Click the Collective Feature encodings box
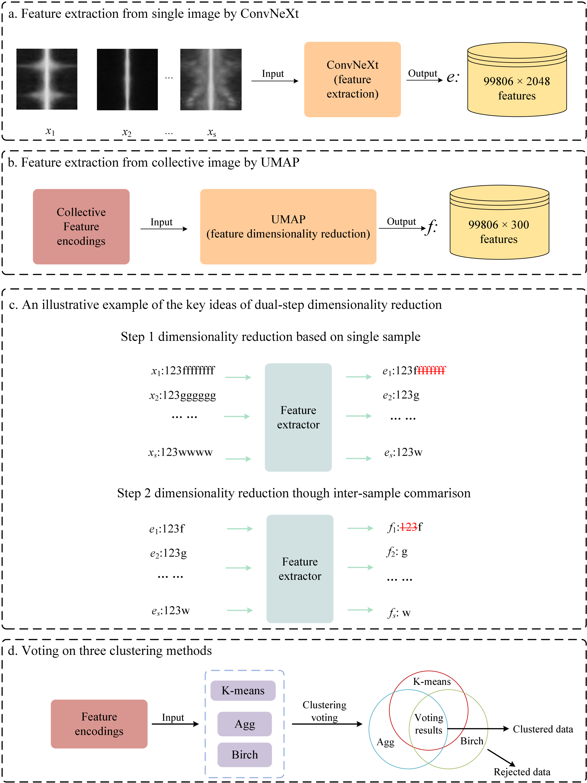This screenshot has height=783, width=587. pyautogui.click(x=81, y=227)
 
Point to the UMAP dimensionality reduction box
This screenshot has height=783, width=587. pyautogui.click(x=288, y=227)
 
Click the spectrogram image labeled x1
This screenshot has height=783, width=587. pyautogui.click(x=47, y=79)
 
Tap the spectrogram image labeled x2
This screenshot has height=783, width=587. pyautogui.click(x=127, y=79)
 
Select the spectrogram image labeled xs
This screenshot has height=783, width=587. pyautogui.click(x=211, y=79)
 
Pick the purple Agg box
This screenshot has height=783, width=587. pyautogui.click(x=244, y=724)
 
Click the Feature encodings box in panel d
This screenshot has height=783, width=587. pyautogui.click(x=99, y=724)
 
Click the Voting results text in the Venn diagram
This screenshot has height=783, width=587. pyautogui.click(x=429, y=724)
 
